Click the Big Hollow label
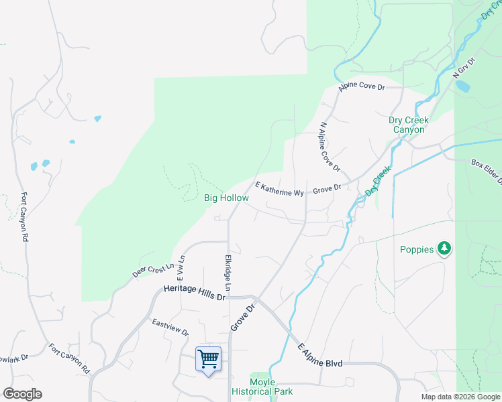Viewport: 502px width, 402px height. (x=226, y=198)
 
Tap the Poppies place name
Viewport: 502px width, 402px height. (x=417, y=250)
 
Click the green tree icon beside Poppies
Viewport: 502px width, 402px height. (x=444, y=249)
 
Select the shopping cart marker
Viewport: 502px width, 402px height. (x=208, y=359)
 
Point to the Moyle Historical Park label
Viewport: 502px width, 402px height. (x=262, y=387)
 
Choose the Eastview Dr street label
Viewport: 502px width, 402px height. (x=170, y=328)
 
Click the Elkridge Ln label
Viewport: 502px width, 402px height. (x=228, y=273)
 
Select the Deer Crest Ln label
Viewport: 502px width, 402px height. (x=153, y=270)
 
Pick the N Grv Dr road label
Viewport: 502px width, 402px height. (x=464, y=67)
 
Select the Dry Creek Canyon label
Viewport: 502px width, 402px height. (x=409, y=125)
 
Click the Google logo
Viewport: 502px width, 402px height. (x=22, y=394)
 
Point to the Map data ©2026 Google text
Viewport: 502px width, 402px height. (x=461, y=397)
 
